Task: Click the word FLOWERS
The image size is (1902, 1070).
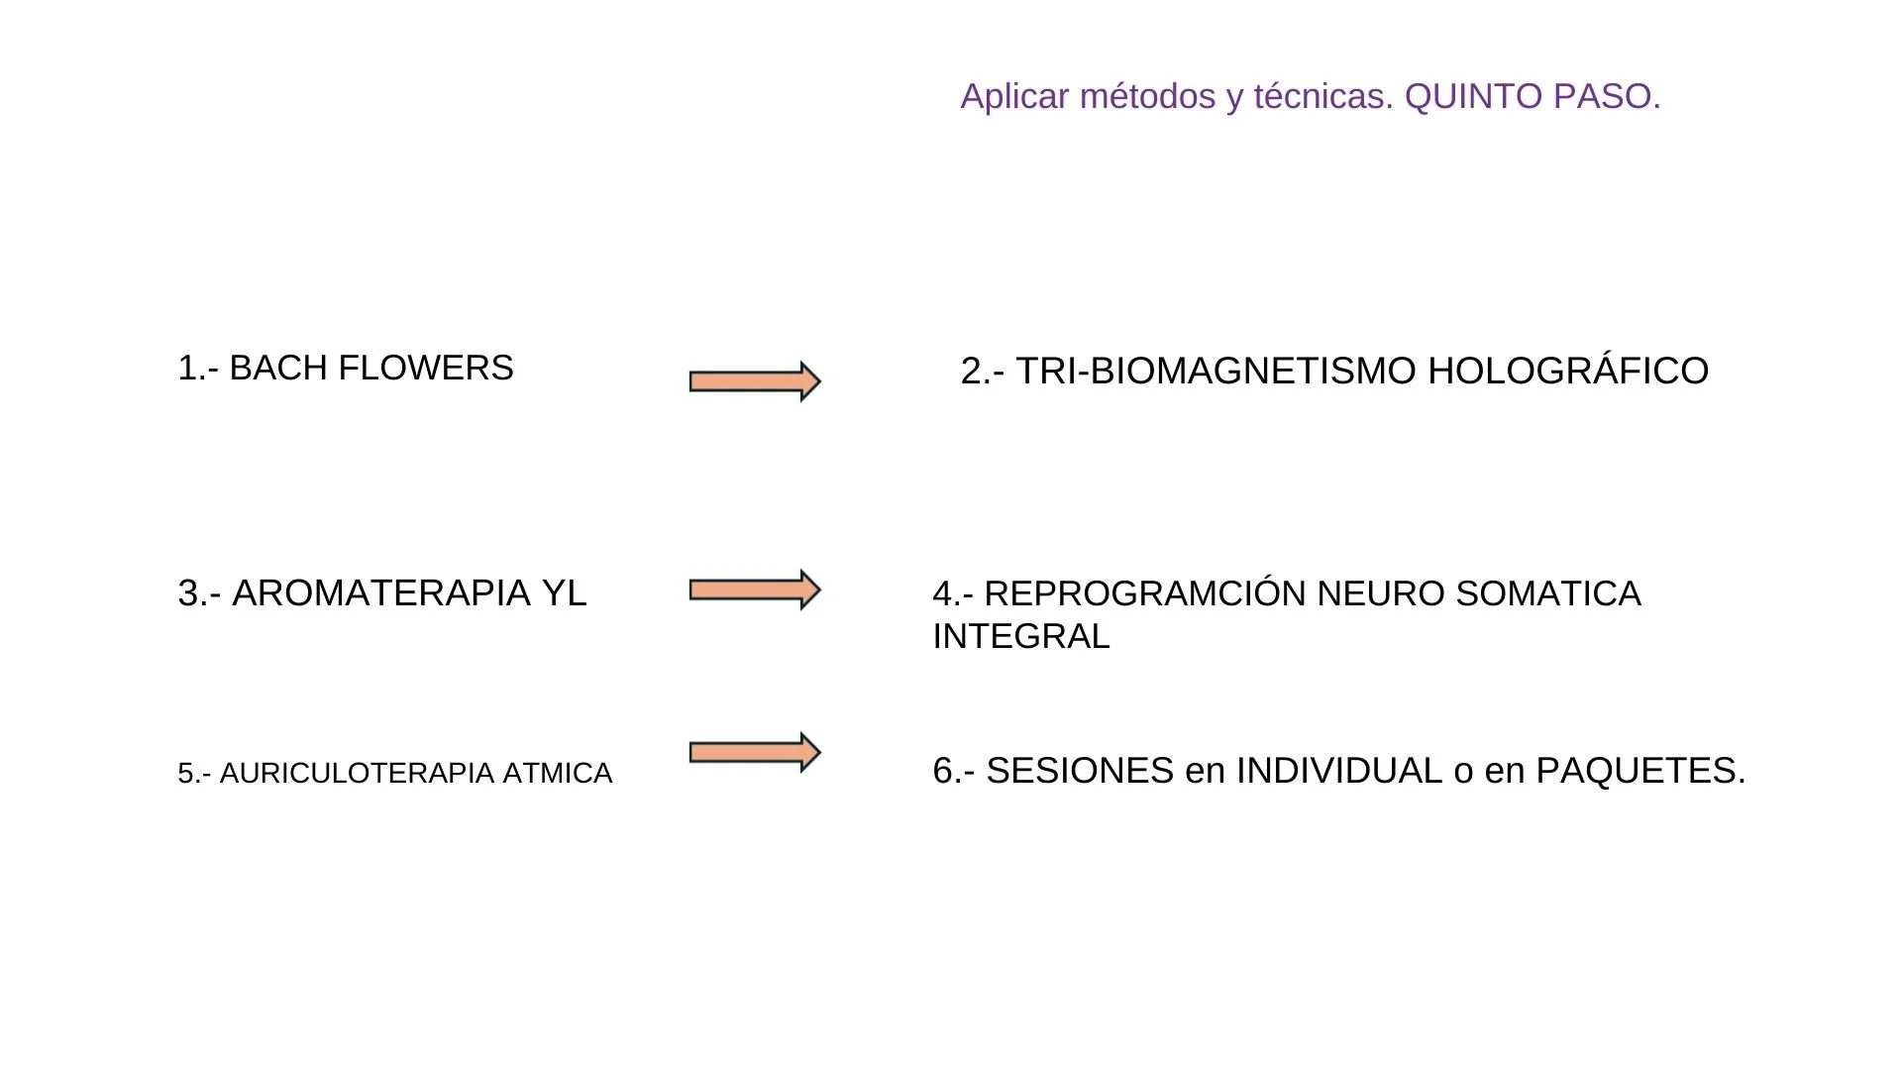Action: click(425, 368)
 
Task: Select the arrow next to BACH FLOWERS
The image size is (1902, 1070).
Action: click(755, 381)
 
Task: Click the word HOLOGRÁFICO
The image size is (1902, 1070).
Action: click(1568, 371)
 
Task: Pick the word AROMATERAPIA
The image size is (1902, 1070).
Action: click(381, 592)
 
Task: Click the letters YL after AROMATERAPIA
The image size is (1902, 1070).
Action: click(564, 592)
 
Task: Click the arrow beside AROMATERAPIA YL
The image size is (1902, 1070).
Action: click(755, 590)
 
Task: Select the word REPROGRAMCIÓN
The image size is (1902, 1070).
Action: click(1145, 593)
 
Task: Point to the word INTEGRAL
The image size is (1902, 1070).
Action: click(1021, 636)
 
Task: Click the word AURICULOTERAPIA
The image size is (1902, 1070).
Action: click(357, 773)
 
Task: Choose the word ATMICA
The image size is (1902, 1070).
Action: click(558, 773)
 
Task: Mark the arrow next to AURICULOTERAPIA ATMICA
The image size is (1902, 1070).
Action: click(755, 753)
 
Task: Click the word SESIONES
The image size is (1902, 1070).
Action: click(1080, 771)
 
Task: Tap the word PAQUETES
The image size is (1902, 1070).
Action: click(1639, 771)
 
